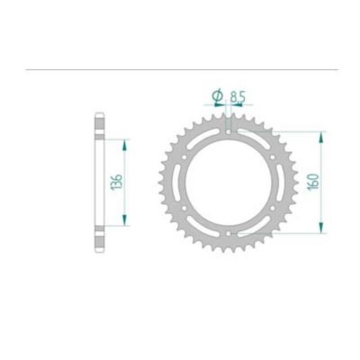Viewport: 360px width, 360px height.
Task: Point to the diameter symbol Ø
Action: [x=218, y=94]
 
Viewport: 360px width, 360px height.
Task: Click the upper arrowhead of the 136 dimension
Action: [x=125, y=142]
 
